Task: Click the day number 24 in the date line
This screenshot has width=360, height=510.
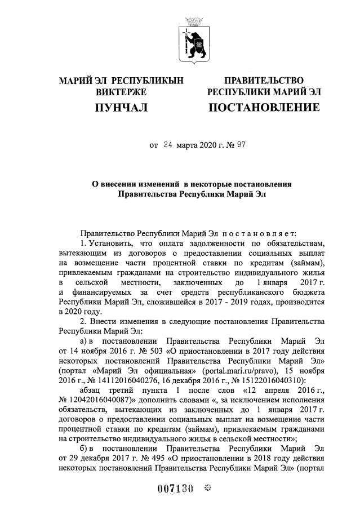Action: click(167, 144)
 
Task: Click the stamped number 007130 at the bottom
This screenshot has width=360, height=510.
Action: click(174, 489)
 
